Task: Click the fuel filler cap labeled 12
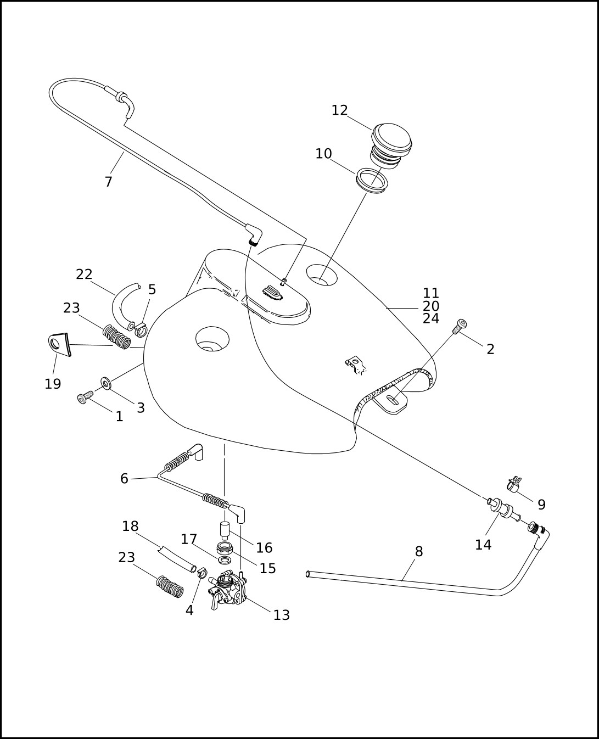click(x=391, y=146)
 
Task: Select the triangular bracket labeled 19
click(x=59, y=344)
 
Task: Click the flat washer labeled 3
click(x=106, y=383)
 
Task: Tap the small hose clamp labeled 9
click(x=514, y=485)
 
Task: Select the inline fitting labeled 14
click(x=503, y=514)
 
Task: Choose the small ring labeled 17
click(x=225, y=559)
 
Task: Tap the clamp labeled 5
click(x=140, y=329)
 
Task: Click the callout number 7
click(x=109, y=182)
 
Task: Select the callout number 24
click(x=431, y=318)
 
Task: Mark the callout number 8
click(x=419, y=551)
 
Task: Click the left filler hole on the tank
click(x=212, y=339)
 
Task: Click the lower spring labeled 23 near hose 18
click(x=170, y=587)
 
